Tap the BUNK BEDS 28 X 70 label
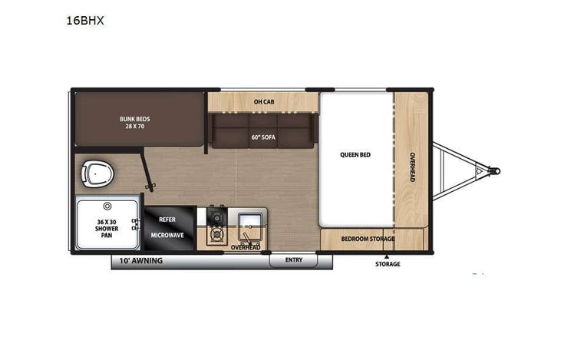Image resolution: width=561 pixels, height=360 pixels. tap(134, 123)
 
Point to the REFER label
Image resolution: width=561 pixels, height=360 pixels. tap(167, 218)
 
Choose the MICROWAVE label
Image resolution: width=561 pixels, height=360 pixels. tap(167, 235)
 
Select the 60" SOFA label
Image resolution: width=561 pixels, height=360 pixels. tap(263, 137)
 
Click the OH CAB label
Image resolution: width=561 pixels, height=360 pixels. tap(264, 101)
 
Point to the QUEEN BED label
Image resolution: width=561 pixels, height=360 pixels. tap(355, 154)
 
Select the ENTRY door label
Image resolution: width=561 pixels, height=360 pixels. tap(294, 260)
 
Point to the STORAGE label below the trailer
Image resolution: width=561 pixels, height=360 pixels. tap(388, 264)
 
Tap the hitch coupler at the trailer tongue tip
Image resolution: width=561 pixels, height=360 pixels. tap(494, 170)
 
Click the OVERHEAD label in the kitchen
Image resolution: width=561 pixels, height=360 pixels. tap(246, 247)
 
